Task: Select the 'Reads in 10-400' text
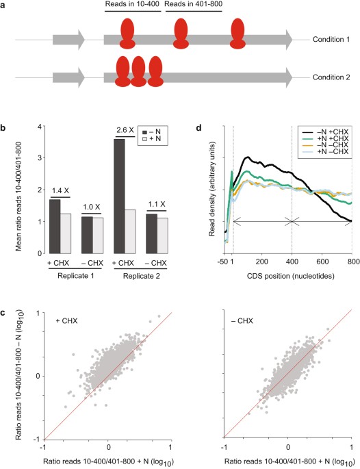point(130,6)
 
